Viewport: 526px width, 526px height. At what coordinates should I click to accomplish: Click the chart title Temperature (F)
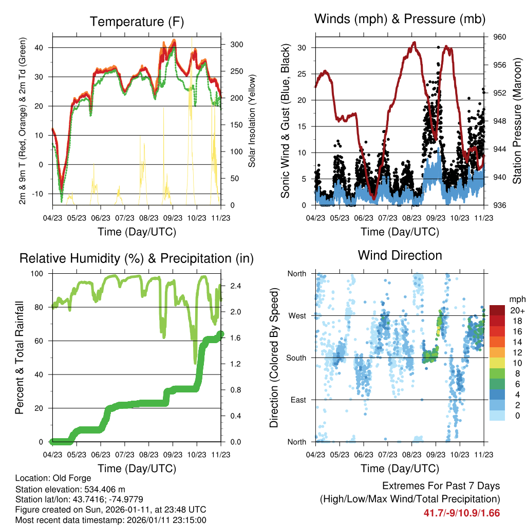tap(136, 22)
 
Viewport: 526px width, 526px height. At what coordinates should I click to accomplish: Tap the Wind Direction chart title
tap(400, 255)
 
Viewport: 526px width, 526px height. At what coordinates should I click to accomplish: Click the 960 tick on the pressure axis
tap(500, 37)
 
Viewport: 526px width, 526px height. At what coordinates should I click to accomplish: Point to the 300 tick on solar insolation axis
tap(237, 45)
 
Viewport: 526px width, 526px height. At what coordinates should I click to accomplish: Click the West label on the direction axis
tap(297, 316)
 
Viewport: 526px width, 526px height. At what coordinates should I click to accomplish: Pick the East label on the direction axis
tap(298, 400)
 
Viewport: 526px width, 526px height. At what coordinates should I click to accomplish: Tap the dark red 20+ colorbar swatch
tap(498, 310)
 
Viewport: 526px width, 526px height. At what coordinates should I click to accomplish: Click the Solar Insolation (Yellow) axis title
tap(252, 121)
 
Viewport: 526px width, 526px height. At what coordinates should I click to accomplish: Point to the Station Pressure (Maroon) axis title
tap(517, 121)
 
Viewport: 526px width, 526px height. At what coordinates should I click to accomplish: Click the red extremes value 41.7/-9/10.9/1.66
tap(461, 513)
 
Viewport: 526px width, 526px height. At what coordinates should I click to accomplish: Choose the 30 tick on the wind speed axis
tap(303, 48)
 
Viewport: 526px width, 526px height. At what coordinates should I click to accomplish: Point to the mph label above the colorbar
tap(516, 299)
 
